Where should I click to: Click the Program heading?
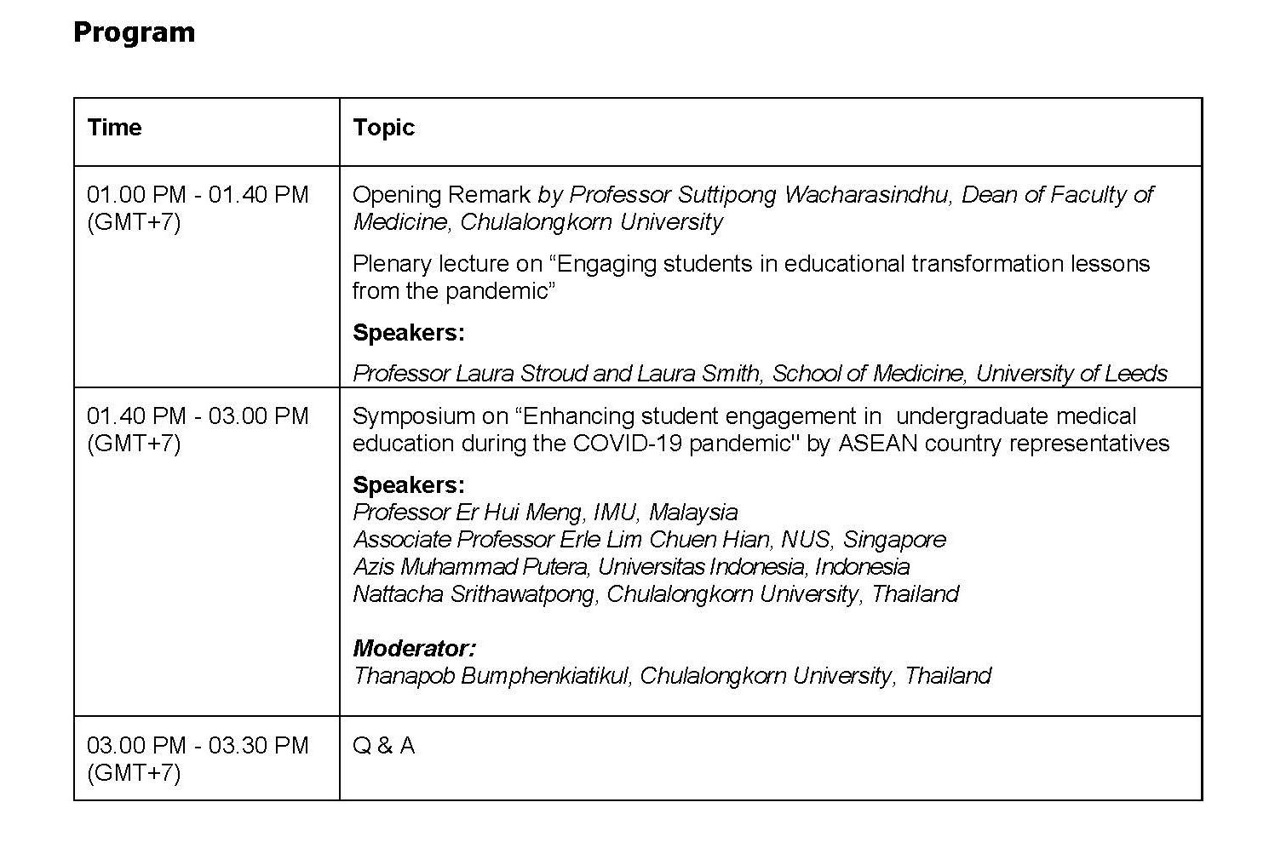click(134, 32)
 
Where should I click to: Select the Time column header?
click(114, 128)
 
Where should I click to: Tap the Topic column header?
click(383, 128)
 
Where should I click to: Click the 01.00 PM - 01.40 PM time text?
click(198, 195)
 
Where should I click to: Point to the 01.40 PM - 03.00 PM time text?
click(198, 416)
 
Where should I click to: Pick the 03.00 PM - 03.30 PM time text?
click(198, 746)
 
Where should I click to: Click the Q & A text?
click(383, 746)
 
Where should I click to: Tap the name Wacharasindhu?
click(868, 195)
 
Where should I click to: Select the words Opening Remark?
click(441, 195)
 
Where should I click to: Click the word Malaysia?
click(693, 513)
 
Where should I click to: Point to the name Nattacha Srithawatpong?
click(474, 594)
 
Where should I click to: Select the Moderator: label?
click(414, 649)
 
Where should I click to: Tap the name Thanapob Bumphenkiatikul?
click(491, 676)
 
